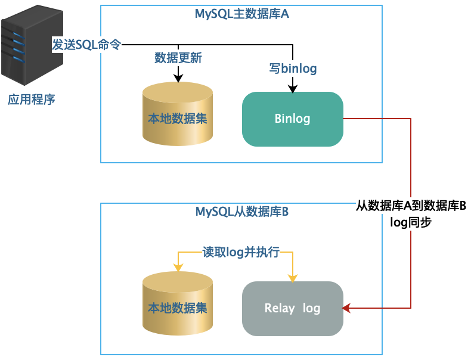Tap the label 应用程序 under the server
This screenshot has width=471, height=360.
[x=31, y=100]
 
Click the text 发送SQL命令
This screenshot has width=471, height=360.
[x=86, y=45]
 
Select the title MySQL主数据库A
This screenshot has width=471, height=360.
[x=241, y=14]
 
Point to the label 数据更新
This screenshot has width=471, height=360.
[x=178, y=58]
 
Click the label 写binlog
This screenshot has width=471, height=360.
[x=292, y=69]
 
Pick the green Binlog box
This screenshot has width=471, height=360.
[x=292, y=119]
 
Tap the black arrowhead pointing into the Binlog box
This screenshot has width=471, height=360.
[x=293, y=89]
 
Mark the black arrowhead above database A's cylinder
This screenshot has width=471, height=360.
[x=178, y=77]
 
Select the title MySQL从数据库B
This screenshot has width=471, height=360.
[x=241, y=212]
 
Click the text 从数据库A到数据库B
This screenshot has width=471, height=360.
[x=411, y=207]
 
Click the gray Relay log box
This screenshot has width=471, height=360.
[x=292, y=308]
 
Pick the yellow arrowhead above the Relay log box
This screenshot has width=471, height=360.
[x=293, y=278]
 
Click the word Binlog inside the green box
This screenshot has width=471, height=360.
[x=292, y=119]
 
